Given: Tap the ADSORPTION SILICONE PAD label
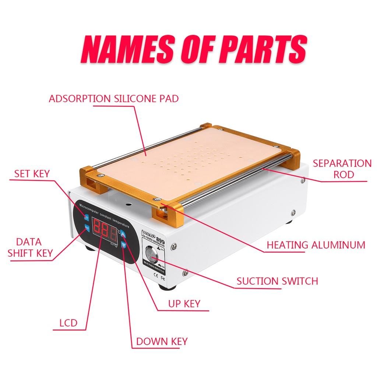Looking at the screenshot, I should (x=113, y=99).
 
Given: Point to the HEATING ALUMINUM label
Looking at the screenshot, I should (x=316, y=244).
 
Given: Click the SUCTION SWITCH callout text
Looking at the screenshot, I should (x=277, y=281).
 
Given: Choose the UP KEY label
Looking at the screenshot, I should (x=184, y=304).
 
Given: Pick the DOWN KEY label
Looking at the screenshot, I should (x=162, y=341).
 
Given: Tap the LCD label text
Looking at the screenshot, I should (x=68, y=323).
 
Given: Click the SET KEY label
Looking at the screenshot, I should (x=32, y=173).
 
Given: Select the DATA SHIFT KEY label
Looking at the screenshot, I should (x=30, y=248).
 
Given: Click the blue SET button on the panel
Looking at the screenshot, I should (x=87, y=217).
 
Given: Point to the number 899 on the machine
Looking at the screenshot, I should (x=161, y=238).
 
